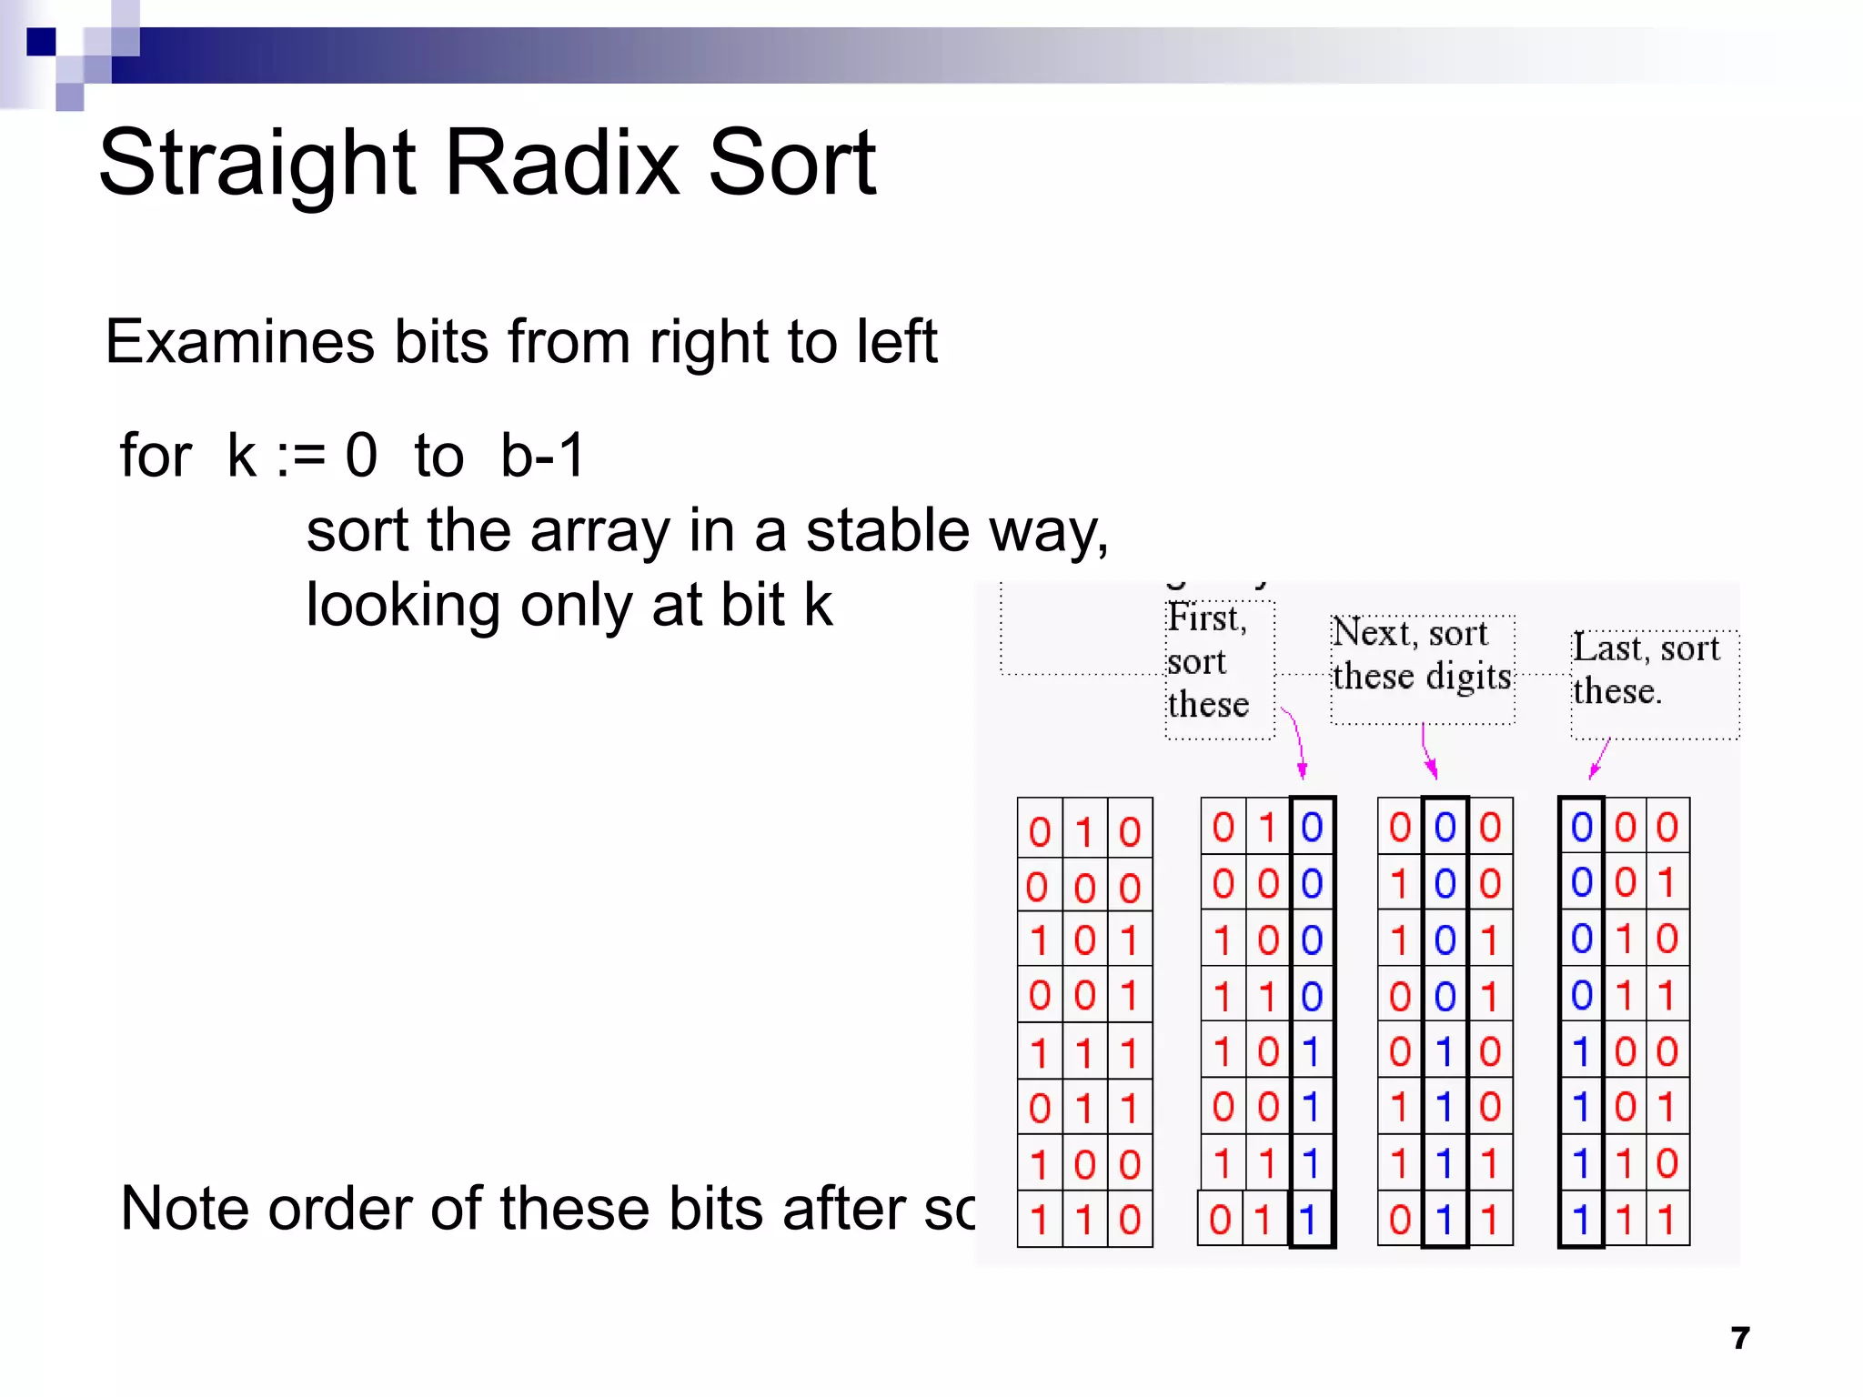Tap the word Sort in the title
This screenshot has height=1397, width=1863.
pos(791,164)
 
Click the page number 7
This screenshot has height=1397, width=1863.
pos(1740,1338)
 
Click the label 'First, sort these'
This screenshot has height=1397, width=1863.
pos(1208,661)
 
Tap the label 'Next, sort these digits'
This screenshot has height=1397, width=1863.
pos(1422,655)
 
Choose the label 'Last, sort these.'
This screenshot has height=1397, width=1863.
pos(1646,669)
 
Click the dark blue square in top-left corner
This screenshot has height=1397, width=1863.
pos(41,42)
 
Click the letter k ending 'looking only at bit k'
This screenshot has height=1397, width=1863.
pos(817,606)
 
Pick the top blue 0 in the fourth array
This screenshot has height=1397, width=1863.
pos(1582,828)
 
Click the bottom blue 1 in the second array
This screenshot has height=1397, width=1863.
pos(1309,1220)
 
